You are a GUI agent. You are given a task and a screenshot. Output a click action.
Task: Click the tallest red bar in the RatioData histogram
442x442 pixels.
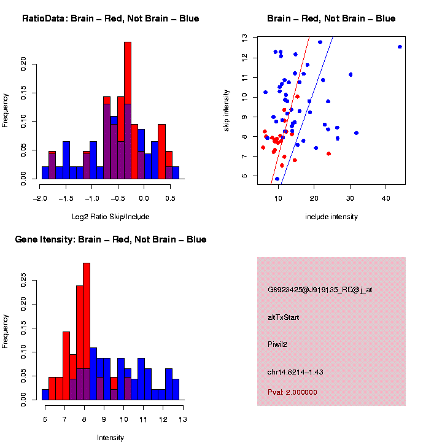128,92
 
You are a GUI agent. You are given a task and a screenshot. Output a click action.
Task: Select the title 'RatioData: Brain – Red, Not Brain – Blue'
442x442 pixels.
110,18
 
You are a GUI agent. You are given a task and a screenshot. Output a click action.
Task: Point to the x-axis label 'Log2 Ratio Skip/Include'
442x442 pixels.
110,216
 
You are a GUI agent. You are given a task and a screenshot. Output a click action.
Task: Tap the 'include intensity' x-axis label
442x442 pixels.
331,216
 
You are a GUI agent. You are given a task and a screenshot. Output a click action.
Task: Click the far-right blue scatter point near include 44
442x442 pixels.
400,47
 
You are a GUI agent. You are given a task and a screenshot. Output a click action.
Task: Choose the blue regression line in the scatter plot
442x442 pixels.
307,110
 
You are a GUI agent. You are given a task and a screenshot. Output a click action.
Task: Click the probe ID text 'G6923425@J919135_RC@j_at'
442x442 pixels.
320,290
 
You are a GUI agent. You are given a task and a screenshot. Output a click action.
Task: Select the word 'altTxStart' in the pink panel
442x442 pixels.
284,317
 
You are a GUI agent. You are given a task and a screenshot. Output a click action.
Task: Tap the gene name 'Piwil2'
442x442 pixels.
277,344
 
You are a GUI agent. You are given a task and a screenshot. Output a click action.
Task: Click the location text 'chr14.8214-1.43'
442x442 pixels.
295,373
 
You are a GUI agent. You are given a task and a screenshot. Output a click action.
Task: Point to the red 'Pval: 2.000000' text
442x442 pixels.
293,392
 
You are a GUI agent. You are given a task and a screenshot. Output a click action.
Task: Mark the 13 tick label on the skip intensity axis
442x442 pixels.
244,37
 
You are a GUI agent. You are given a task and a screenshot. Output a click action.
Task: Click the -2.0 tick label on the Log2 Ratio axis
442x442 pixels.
40,198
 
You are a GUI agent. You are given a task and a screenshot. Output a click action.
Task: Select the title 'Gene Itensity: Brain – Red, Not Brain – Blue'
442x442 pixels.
110,239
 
